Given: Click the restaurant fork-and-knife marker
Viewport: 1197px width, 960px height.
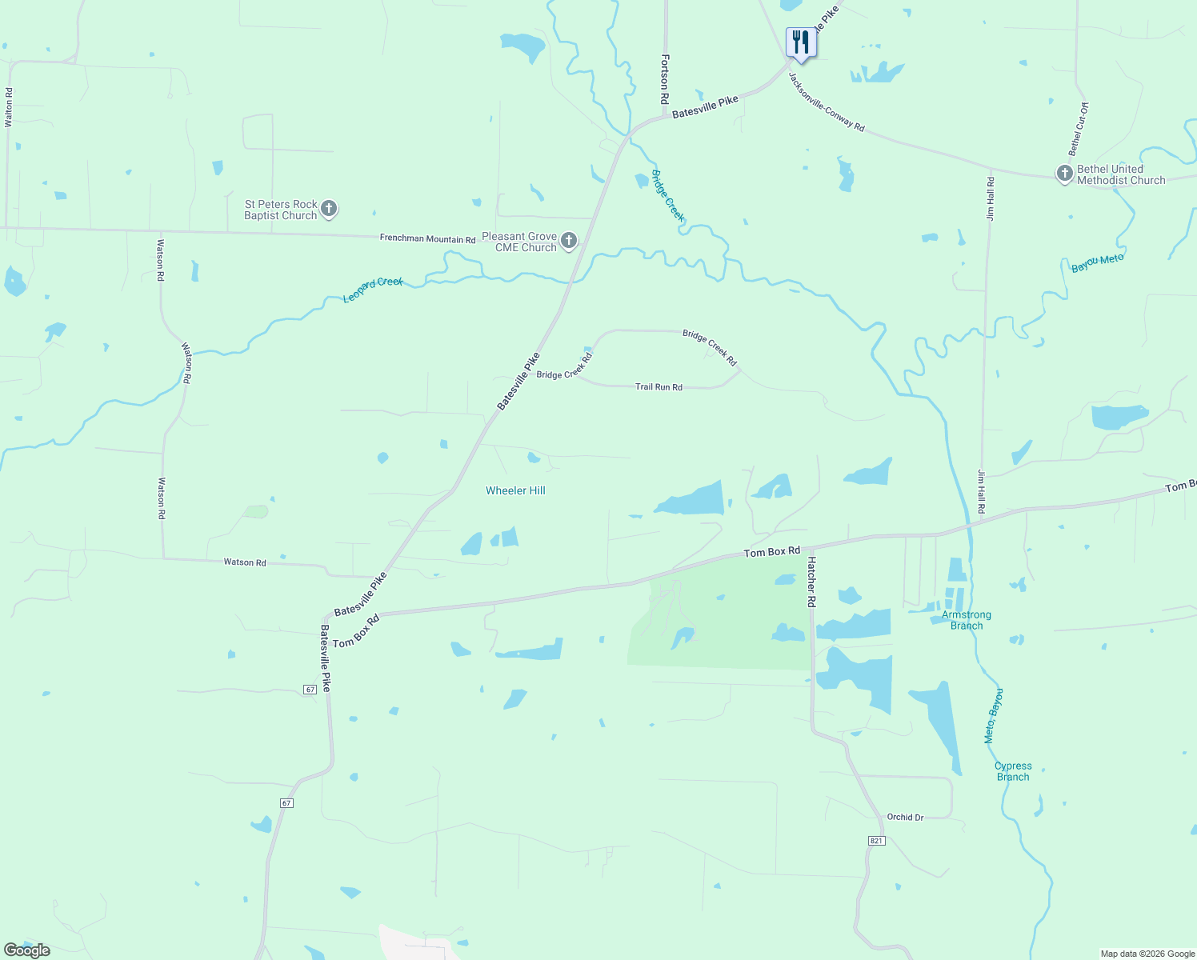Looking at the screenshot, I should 801,42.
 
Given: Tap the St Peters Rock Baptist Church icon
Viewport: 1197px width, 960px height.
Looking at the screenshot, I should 328,210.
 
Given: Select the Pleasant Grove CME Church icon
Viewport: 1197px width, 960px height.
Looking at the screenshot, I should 568,241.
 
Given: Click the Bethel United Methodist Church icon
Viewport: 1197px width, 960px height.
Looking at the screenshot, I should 1064,174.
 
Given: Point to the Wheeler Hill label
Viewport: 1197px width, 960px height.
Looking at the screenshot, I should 515,490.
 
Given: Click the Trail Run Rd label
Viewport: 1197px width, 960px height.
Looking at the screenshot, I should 659,387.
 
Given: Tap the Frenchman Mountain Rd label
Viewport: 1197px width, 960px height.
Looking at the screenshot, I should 427,238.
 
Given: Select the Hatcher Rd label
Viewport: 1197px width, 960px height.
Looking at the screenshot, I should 811,582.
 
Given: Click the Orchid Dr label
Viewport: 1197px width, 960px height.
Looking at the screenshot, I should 905,818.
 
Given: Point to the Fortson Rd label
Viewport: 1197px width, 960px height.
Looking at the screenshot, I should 664,79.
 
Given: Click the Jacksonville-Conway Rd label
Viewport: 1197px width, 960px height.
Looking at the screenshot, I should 827,102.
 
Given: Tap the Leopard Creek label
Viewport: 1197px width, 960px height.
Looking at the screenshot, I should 373,290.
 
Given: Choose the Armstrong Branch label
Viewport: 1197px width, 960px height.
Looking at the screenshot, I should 967,620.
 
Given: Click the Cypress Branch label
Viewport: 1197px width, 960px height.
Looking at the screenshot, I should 1013,771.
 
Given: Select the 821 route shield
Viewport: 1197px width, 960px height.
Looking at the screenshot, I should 876,841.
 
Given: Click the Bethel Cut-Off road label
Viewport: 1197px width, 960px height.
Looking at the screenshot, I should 1079,129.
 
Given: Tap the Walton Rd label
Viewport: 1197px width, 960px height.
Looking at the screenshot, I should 9,107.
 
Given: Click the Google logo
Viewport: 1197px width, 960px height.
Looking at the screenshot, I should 27,950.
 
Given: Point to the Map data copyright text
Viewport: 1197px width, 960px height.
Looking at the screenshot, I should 1147,954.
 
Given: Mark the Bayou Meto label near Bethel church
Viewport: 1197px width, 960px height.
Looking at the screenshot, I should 1097,262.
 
